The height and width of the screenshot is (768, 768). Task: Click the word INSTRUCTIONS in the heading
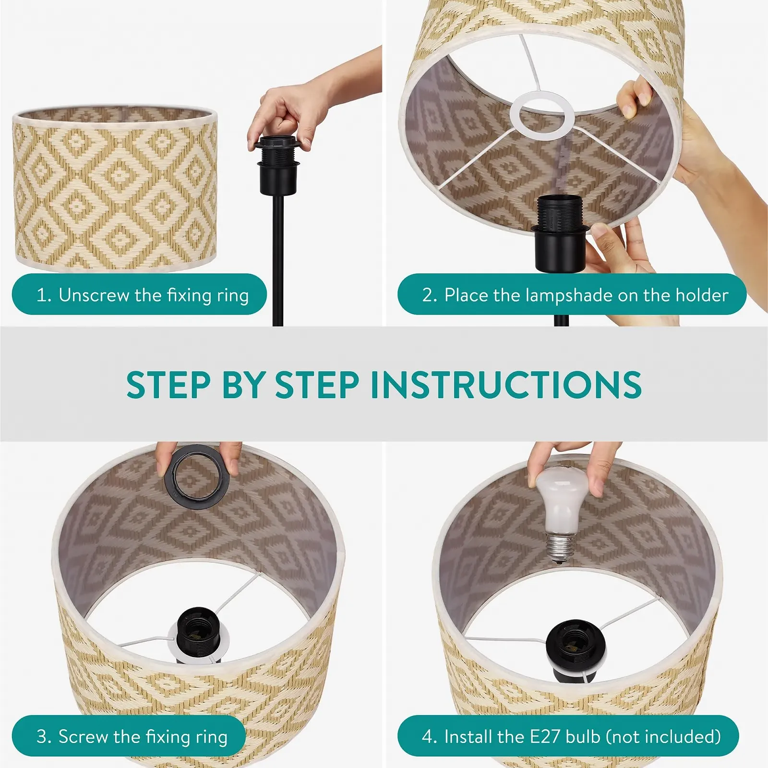[x=506, y=385]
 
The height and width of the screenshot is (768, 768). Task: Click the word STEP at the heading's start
[x=168, y=385]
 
